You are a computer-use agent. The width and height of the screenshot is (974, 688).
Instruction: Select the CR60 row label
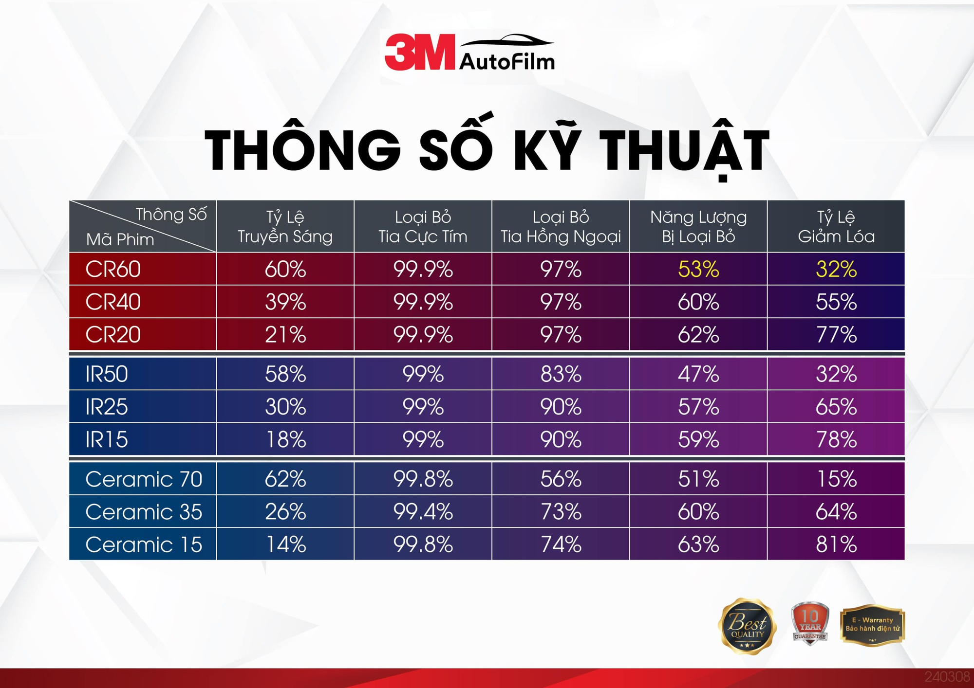point(113,269)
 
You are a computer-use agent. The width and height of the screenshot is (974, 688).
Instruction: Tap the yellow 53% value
point(698,269)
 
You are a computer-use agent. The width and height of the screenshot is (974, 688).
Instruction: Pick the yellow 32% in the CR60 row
point(836,269)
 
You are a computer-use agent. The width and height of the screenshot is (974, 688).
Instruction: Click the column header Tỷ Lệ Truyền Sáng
point(285,226)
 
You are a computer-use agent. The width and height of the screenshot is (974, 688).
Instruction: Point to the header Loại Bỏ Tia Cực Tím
point(423,226)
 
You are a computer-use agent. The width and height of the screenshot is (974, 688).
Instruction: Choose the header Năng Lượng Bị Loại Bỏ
point(698,226)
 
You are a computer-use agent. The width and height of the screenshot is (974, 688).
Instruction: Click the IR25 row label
point(107,407)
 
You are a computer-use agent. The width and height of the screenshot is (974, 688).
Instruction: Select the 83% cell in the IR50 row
point(561,374)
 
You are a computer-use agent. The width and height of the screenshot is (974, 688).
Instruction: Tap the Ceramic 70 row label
point(144,479)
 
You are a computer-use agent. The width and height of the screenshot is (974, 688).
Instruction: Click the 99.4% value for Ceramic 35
point(423,512)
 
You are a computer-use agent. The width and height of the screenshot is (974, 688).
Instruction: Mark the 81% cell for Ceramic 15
point(836,544)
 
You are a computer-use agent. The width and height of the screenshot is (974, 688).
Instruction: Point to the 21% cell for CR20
point(285,335)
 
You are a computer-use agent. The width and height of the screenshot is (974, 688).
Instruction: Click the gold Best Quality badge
point(747,627)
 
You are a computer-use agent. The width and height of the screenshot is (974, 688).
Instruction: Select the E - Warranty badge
point(872,625)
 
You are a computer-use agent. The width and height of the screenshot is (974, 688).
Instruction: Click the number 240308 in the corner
point(947,677)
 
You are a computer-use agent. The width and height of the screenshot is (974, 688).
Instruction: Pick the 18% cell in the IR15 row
point(285,440)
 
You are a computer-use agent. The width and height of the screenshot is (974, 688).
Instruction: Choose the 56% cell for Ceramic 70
point(561,479)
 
